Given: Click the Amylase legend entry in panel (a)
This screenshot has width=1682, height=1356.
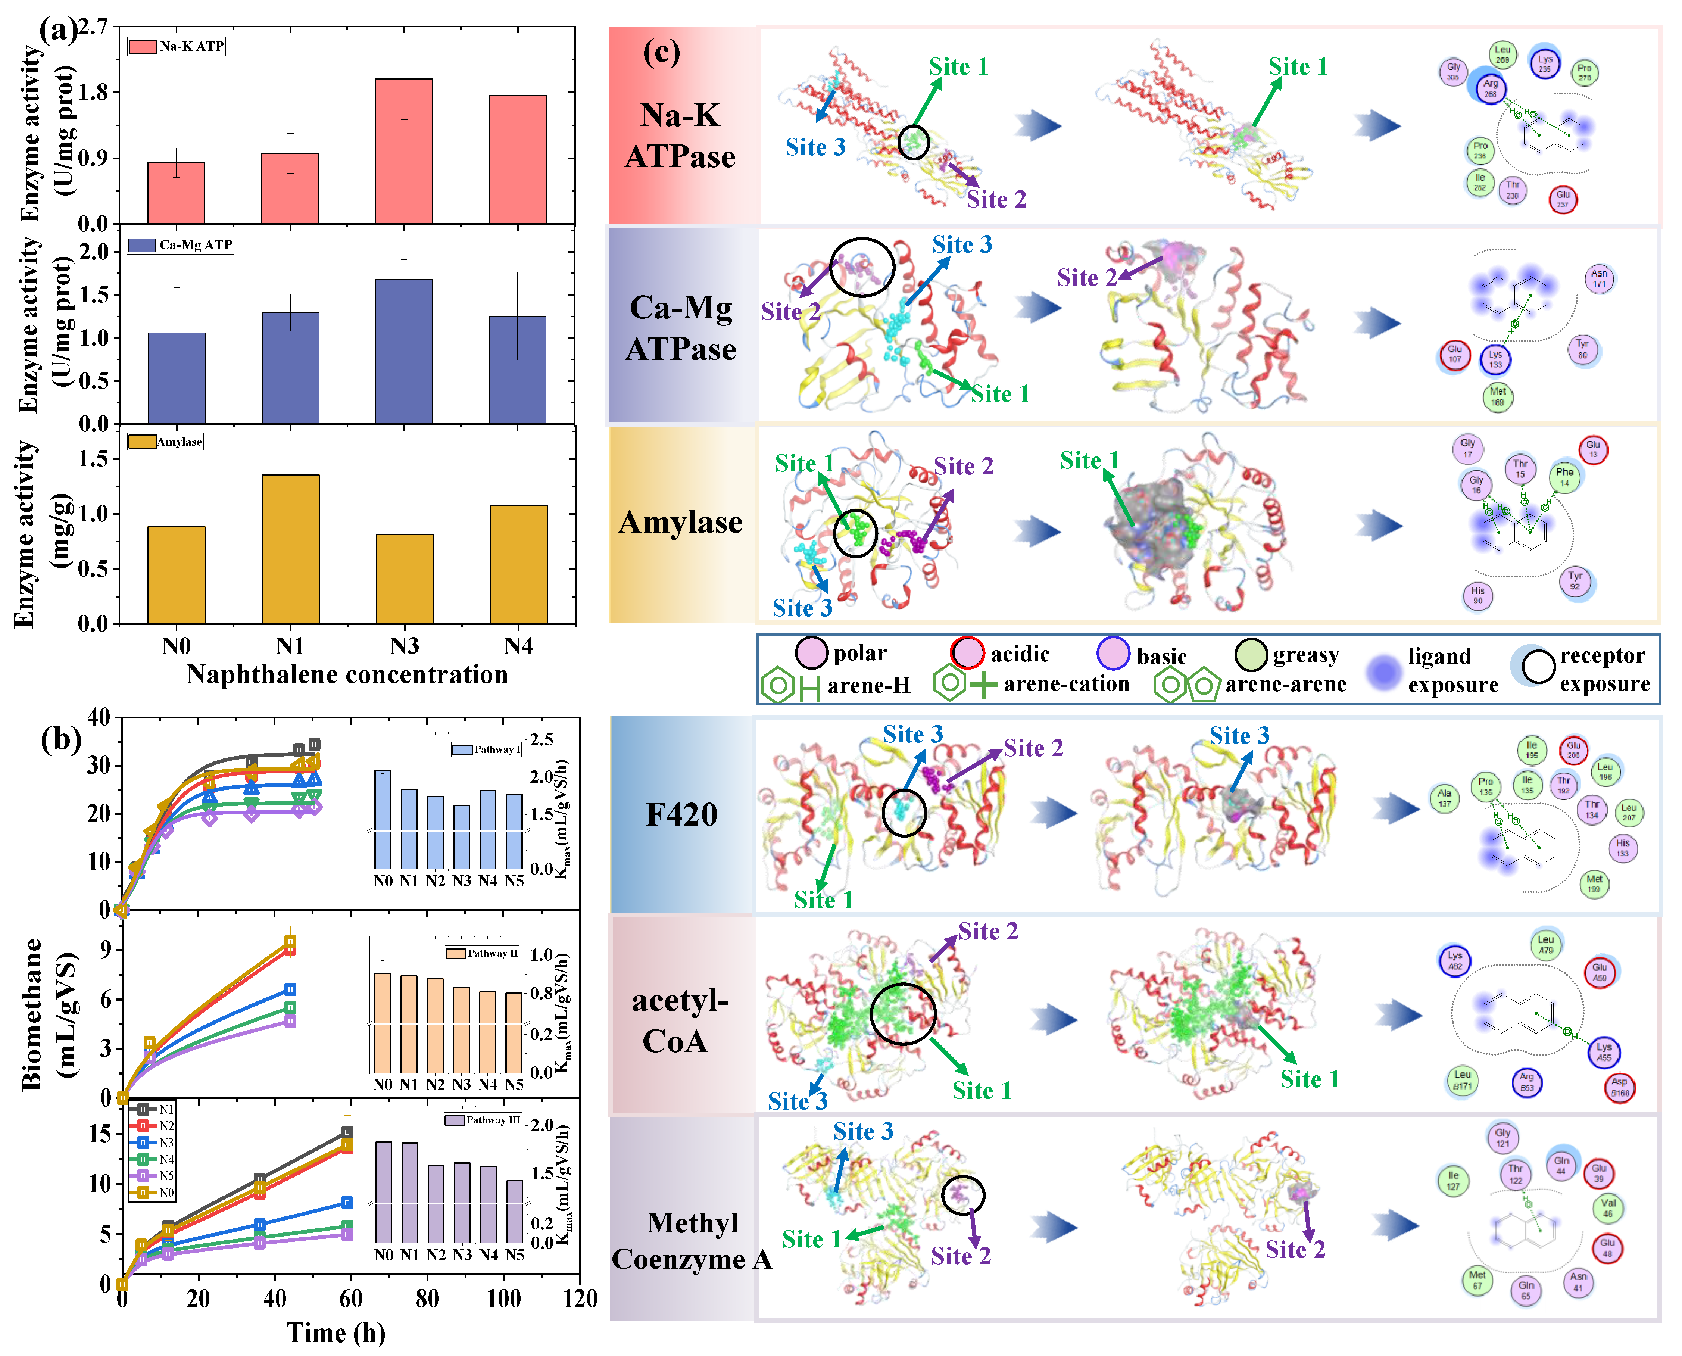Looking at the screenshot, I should pyautogui.click(x=166, y=442).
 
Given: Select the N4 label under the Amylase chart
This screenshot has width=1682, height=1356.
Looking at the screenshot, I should pyautogui.click(x=518, y=647).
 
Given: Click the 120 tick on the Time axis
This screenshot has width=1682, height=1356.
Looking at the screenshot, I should pyautogui.click(x=578, y=1299).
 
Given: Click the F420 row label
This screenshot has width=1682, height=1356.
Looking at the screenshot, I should pyautogui.click(x=681, y=815).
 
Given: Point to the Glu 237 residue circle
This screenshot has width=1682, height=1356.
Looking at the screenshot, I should pyautogui.click(x=1563, y=199).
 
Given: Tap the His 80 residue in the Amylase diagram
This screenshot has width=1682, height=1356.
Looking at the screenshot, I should pyautogui.click(x=1477, y=595).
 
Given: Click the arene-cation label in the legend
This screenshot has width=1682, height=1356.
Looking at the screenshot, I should pyautogui.click(x=1066, y=684).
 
